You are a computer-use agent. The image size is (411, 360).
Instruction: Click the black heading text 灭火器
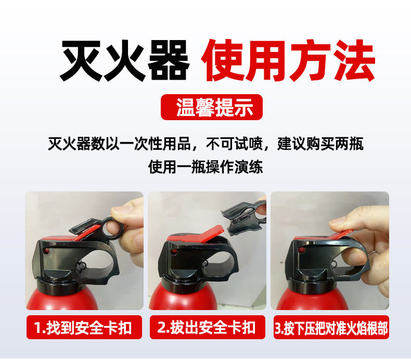124,61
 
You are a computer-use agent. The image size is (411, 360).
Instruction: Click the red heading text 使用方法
288,61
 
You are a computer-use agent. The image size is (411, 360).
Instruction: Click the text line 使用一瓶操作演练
205,168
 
